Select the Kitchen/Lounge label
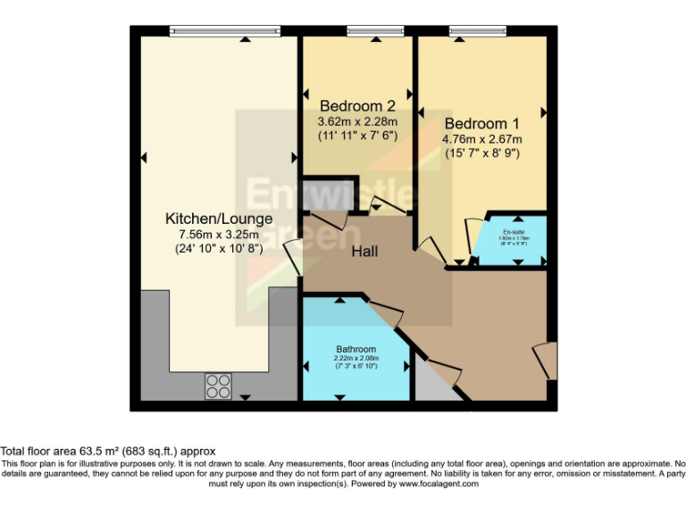[x=219, y=219]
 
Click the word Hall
[x=364, y=252]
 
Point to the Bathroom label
[x=356, y=349]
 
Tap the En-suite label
[x=514, y=232]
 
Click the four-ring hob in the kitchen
[x=218, y=385]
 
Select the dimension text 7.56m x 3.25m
[x=219, y=235]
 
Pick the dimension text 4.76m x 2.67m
[x=482, y=138]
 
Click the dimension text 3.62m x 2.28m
[x=357, y=121]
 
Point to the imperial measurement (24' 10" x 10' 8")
[x=219, y=250]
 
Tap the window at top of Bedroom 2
[x=363, y=33]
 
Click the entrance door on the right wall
[x=544, y=360]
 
